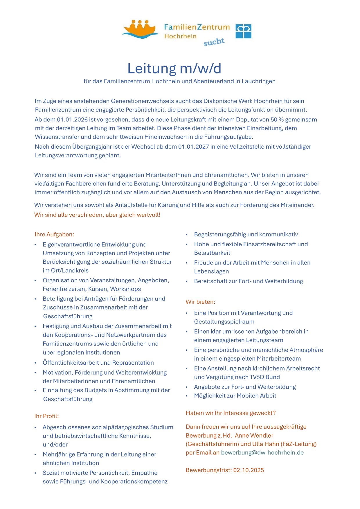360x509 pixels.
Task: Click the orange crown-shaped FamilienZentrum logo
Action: (140, 29)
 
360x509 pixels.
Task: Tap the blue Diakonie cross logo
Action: (243, 31)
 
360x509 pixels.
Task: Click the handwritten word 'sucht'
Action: (214, 42)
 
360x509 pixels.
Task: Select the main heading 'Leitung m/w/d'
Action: (174, 69)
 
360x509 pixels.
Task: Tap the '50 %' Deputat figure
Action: (278, 120)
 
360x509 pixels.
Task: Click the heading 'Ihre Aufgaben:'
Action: (54, 234)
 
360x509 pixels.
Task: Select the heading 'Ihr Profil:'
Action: (46, 416)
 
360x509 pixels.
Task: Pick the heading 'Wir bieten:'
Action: (200, 302)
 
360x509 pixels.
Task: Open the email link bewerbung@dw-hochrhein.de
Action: (262, 453)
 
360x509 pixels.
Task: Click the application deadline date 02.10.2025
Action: (249, 470)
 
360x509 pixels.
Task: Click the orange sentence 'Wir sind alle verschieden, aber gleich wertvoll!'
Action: (97, 215)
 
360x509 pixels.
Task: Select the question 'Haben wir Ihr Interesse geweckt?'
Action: (231, 413)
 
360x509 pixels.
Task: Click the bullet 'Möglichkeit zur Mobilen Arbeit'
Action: (235, 396)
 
